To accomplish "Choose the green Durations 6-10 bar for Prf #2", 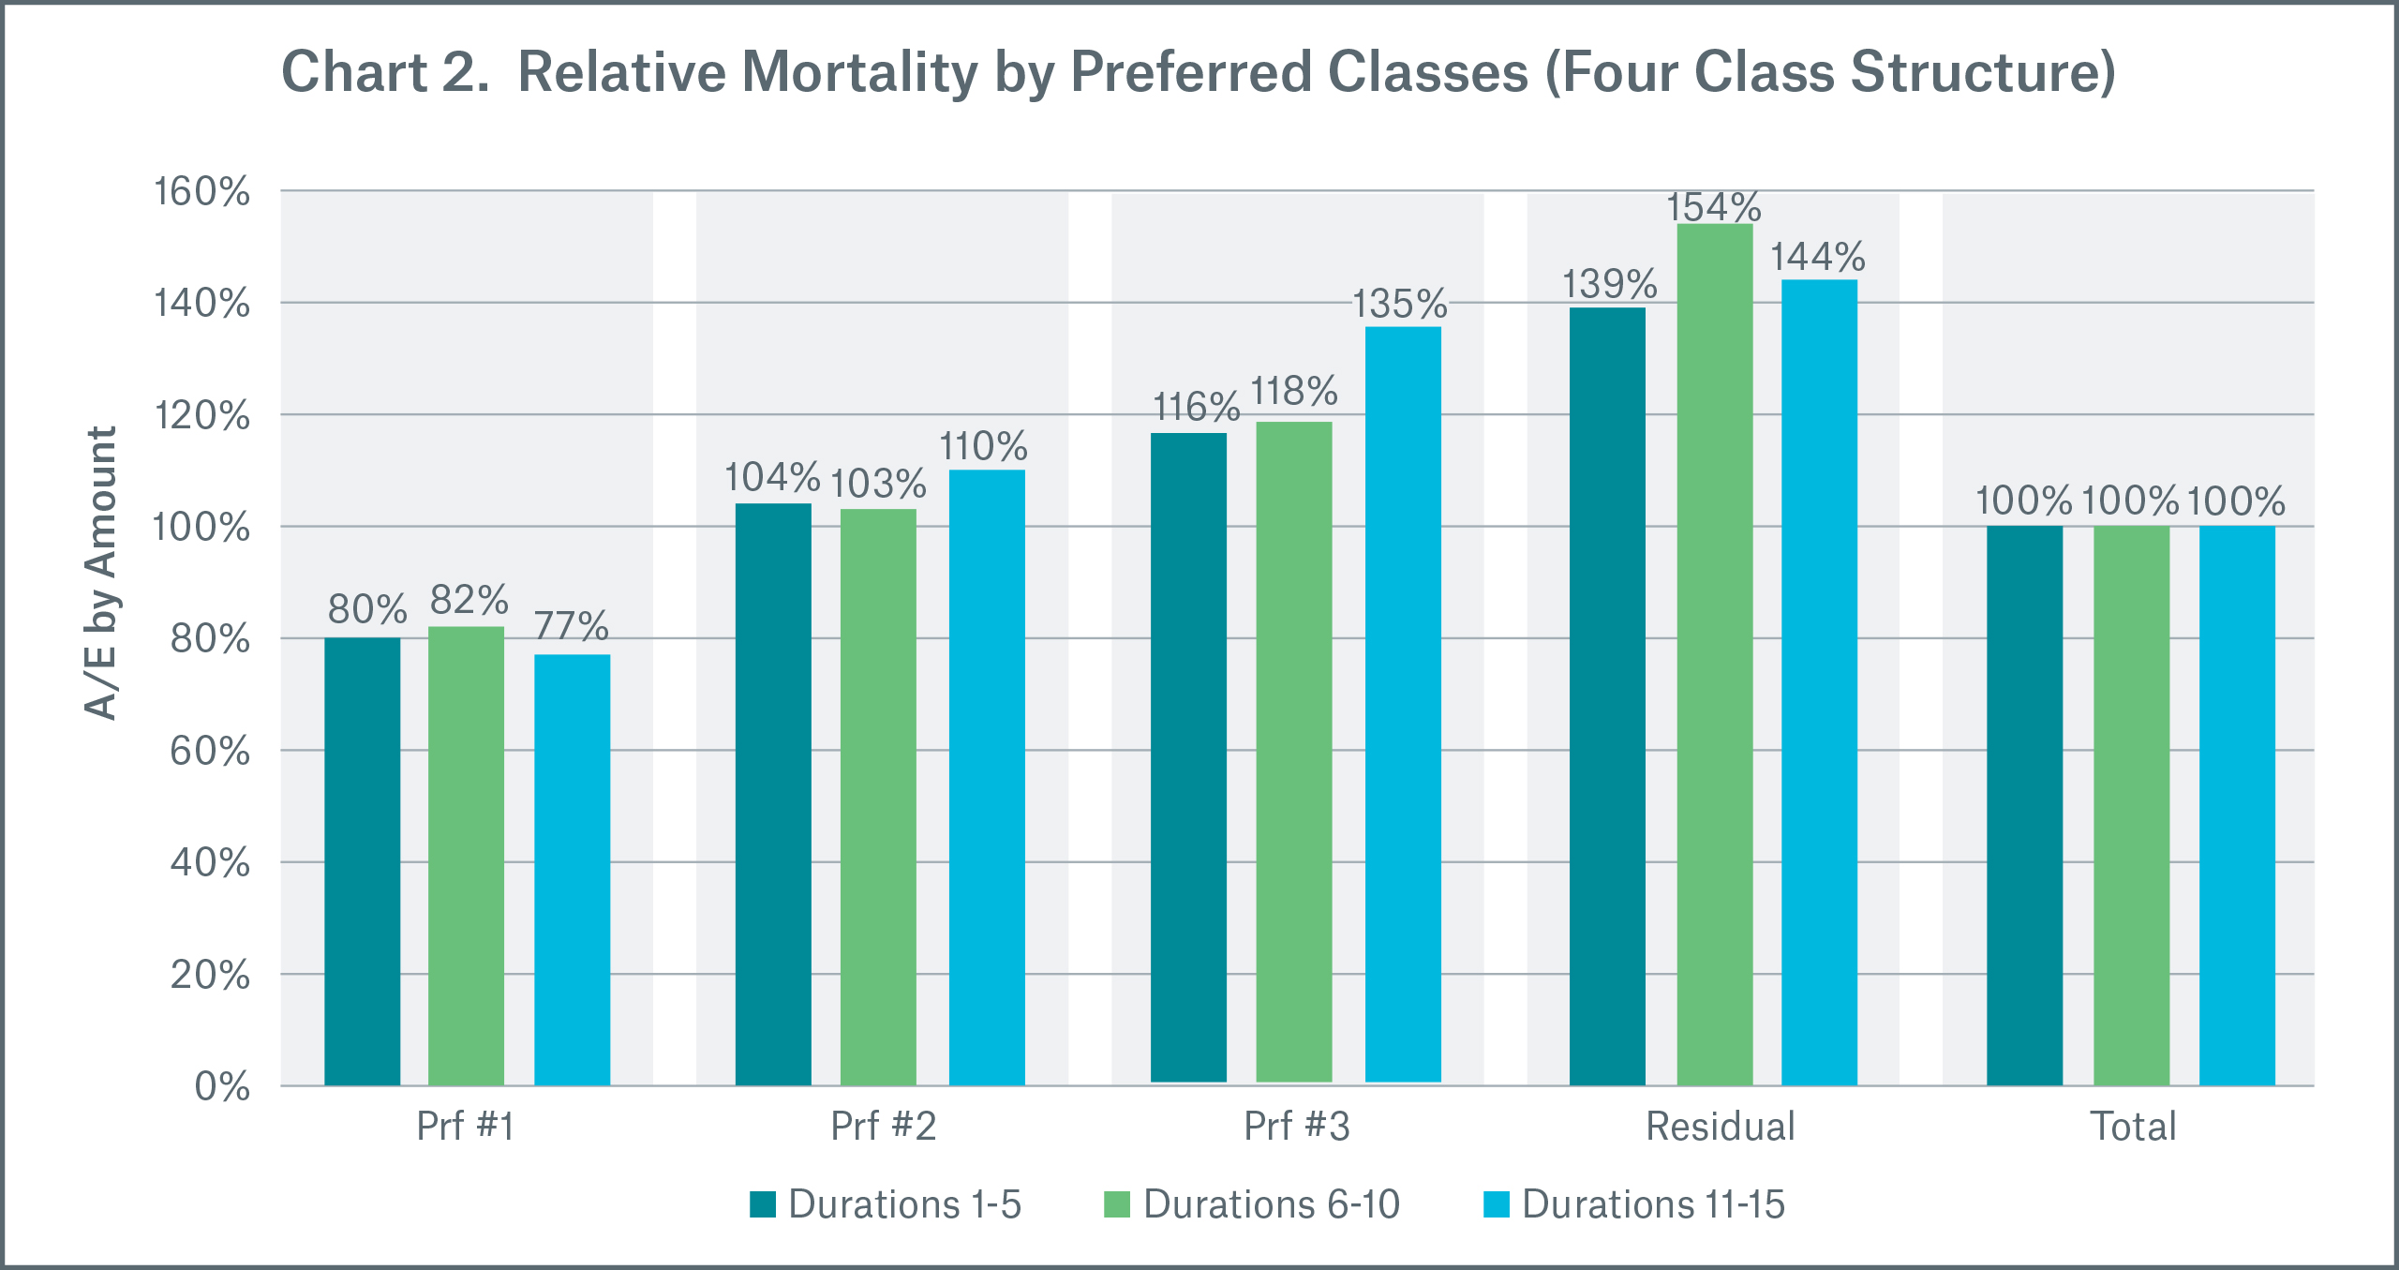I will [x=878, y=797].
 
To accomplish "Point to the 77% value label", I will [x=572, y=626].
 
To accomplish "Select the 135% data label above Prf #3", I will [x=1399, y=305].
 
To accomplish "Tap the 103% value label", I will [x=878, y=485].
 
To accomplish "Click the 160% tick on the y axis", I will [x=201, y=192].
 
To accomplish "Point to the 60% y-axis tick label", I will [x=209, y=752].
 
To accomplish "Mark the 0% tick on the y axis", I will [x=222, y=1087].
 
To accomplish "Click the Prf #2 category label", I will [x=883, y=1127].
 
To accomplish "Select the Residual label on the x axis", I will [x=1720, y=1127].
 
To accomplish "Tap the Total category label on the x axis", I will [x=2133, y=1127].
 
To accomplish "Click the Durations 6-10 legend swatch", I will [x=1117, y=1204].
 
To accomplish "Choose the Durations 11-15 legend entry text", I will [x=1653, y=1204].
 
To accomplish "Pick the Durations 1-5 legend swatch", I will [x=763, y=1204].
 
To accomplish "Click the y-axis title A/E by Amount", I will [x=101, y=574].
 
